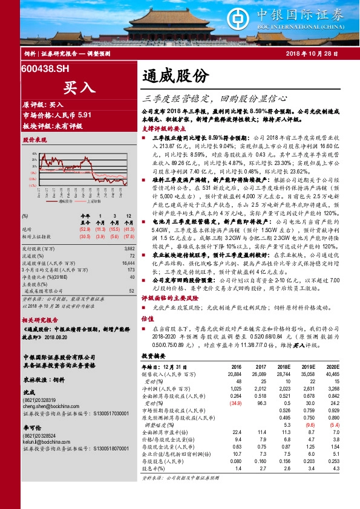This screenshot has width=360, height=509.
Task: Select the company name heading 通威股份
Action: click(x=175, y=76)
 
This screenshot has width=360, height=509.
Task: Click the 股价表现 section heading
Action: click(x=35, y=140)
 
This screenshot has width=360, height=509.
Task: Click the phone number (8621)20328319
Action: click(x=39, y=401)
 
